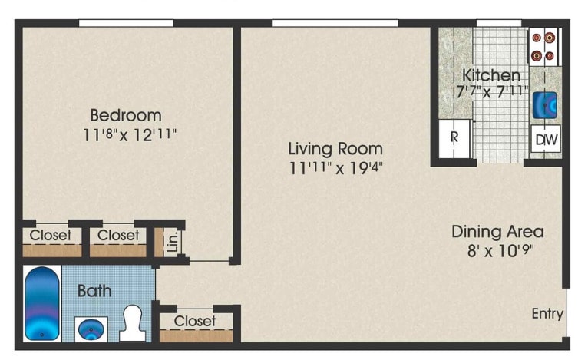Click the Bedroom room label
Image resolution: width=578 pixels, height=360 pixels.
coord(126,115)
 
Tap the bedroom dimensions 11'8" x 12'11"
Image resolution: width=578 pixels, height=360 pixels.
coord(130,135)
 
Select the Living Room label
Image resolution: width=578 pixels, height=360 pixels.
coord(335,148)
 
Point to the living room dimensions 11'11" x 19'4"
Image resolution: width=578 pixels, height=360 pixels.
coord(335,167)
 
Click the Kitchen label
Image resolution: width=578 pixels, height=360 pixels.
coord(491,75)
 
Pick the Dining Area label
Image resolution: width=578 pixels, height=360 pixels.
coord(497,231)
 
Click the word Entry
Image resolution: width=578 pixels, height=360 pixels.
coord(547,313)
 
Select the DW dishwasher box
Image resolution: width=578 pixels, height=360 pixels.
coord(544,140)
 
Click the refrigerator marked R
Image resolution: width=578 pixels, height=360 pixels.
coord(454,138)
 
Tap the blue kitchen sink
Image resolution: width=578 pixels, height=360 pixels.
coord(545,104)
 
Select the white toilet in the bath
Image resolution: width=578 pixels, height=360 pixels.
coord(134,323)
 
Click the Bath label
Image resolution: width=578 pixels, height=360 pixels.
coord(94,291)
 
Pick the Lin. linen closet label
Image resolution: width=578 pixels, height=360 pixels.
coord(172,239)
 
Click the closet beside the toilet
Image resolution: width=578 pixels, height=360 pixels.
coord(196,323)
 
